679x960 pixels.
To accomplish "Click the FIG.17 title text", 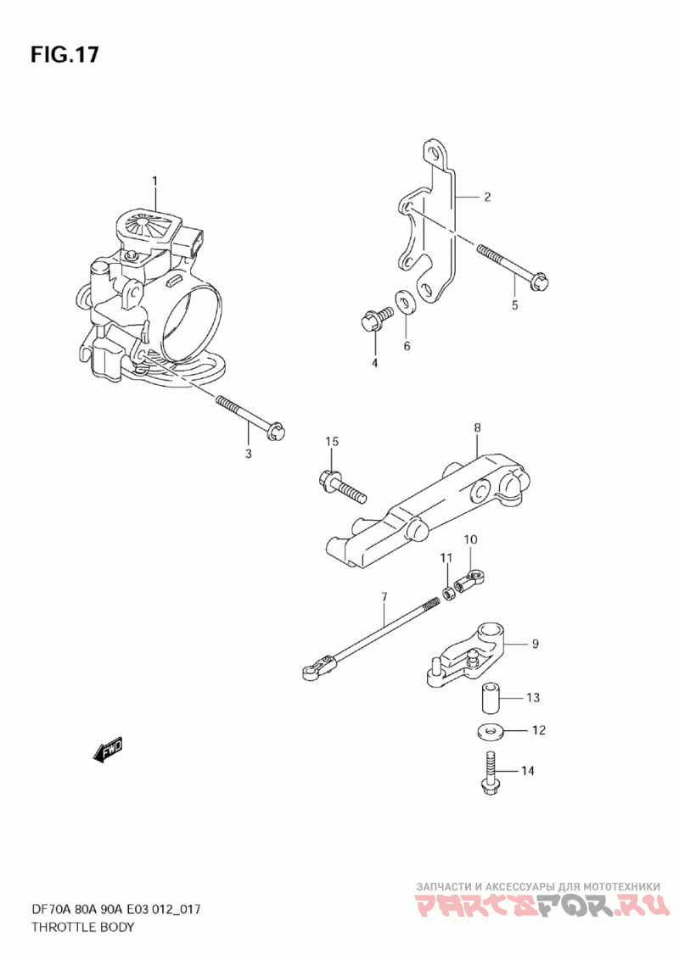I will point(65,55).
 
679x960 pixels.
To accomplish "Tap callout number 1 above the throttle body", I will point(155,181).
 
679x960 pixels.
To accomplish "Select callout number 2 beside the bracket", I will point(487,198).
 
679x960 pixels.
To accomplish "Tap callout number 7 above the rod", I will point(384,597).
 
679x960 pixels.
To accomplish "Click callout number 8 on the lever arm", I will point(478,429).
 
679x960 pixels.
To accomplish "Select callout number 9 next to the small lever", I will point(535,645).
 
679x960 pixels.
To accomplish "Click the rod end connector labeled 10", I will point(469,581).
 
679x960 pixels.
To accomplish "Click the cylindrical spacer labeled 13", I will point(489,697).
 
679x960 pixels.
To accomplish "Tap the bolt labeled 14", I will point(489,773).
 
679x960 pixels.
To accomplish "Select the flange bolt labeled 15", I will point(340,484).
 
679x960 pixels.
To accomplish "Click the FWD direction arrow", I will point(109,750).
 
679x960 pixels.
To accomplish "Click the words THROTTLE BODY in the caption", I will point(82,927).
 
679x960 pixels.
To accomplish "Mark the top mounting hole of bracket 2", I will point(435,154).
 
